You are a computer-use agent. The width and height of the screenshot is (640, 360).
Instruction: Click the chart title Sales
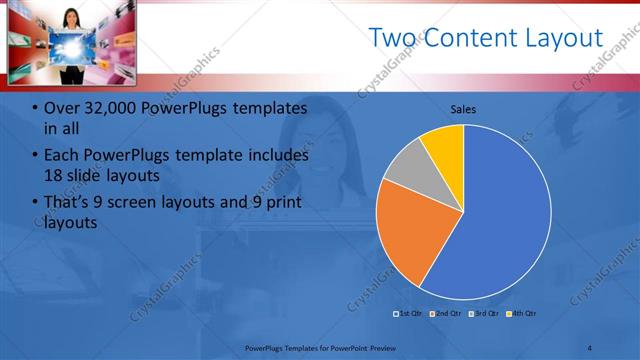coord(463,108)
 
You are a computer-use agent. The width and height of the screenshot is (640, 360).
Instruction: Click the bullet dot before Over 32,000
coord(35,109)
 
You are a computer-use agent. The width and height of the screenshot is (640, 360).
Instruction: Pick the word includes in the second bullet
coord(277,156)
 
